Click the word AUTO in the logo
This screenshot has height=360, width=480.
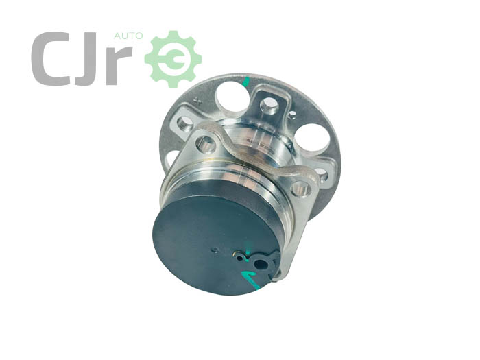coord(128,36)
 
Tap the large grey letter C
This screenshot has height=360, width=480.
coord(49,58)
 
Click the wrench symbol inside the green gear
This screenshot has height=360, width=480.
coord(173,60)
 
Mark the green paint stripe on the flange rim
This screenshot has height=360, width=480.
coord(245,82)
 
